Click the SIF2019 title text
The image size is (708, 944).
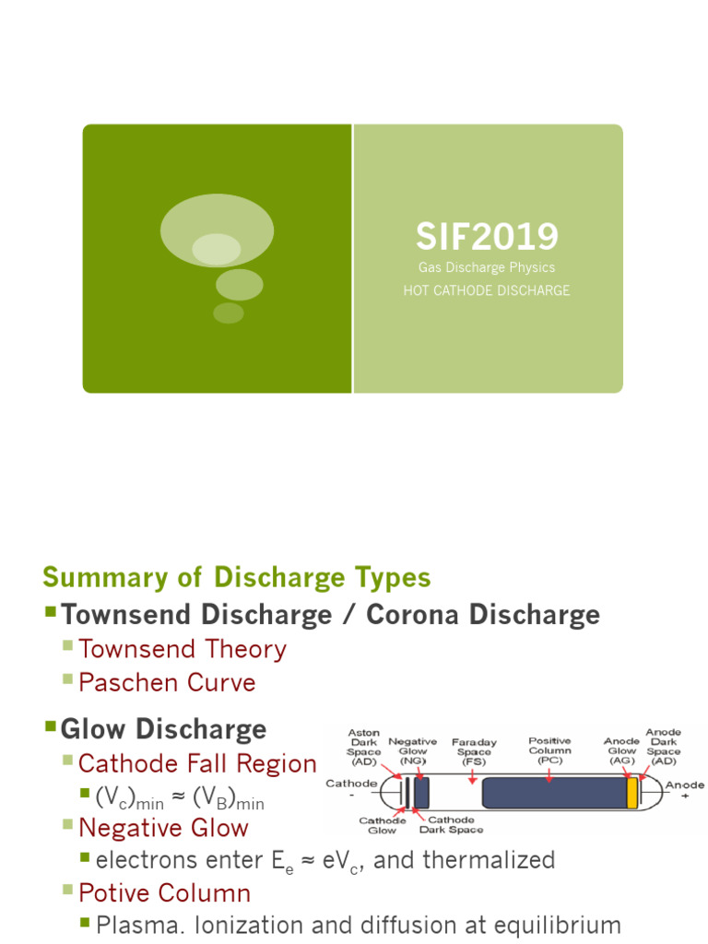pyautogui.click(x=487, y=236)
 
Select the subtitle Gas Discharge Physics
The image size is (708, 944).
pyautogui.click(x=487, y=267)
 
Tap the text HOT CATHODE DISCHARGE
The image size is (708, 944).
pyautogui.click(x=487, y=290)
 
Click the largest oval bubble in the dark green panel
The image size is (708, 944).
pyautogui.click(x=217, y=230)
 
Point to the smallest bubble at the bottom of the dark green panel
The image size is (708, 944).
pyautogui.click(x=229, y=313)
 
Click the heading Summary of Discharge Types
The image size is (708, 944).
pyautogui.click(x=237, y=577)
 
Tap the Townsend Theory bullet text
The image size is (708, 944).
pyautogui.click(x=183, y=650)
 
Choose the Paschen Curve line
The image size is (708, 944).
pyautogui.click(x=167, y=683)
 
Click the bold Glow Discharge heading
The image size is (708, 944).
pyautogui.click(x=163, y=729)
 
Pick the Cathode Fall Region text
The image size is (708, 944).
pyautogui.click(x=197, y=763)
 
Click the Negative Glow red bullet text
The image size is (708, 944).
pyautogui.click(x=163, y=828)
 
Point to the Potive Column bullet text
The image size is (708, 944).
pyautogui.click(x=164, y=892)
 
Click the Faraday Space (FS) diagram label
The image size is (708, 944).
pyautogui.click(x=474, y=752)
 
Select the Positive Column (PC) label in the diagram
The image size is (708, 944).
pyautogui.click(x=549, y=750)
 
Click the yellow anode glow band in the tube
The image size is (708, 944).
pyautogui.click(x=632, y=793)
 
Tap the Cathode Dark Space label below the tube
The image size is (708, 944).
pyautogui.click(x=451, y=825)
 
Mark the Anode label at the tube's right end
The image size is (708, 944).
pyautogui.click(x=685, y=785)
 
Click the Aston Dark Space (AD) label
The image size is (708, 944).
pyautogui.click(x=363, y=747)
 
